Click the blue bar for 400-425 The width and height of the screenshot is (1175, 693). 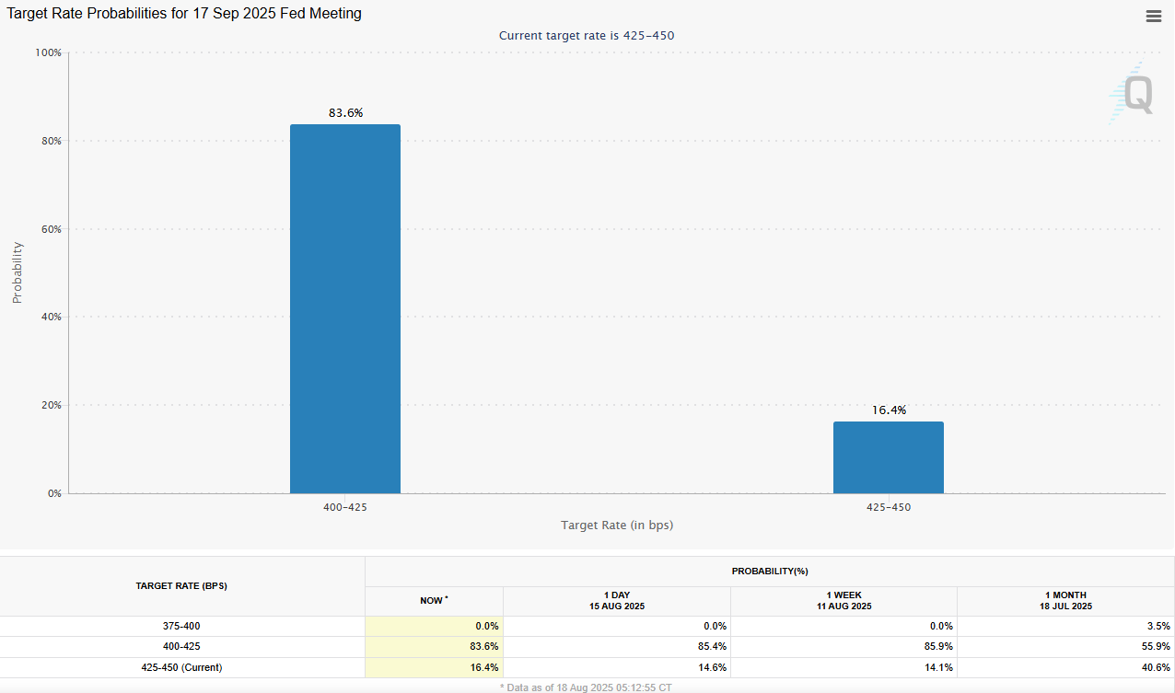click(345, 308)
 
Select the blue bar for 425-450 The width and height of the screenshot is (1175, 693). click(888, 457)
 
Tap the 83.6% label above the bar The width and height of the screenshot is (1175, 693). click(345, 113)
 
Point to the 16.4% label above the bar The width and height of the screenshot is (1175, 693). click(889, 410)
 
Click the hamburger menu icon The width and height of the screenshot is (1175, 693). click(1153, 16)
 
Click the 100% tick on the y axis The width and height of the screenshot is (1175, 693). click(48, 53)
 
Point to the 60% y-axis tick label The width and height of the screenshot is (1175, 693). click(50, 229)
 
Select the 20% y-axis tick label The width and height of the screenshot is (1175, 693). click(50, 405)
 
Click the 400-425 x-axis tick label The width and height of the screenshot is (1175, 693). click(345, 507)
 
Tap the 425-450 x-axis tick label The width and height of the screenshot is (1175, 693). click(889, 507)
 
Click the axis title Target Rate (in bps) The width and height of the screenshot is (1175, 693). click(617, 525)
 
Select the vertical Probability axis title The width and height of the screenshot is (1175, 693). click(17, 272)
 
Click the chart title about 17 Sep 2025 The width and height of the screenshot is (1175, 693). click(184, 14)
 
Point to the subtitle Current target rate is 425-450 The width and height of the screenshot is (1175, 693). click(593, 36)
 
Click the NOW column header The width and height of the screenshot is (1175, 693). click(434, 601)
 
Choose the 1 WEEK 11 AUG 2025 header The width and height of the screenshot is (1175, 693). click(843, 601)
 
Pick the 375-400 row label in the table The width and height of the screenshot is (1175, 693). click(181, 626)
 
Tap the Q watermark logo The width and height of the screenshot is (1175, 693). click(1132, 93)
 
